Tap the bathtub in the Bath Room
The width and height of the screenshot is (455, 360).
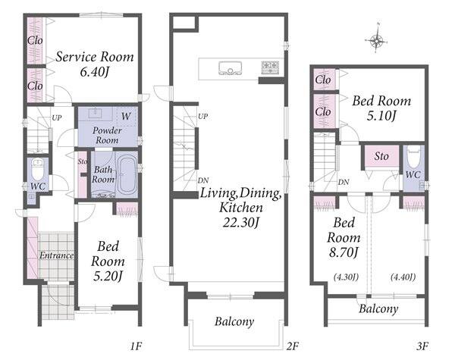(x=127, y=174)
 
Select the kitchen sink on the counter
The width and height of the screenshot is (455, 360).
(x=230, y=68)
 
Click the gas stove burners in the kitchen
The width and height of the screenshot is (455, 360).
(x=270, y=67)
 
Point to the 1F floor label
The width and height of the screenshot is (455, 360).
(x=135, y=346)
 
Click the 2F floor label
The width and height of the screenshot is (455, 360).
(x=292, y=346)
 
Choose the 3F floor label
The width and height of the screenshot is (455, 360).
(x=422, y=346)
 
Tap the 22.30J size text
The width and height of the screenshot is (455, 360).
(x=240, y=223)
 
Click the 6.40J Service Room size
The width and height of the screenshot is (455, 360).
(x=94, y=72)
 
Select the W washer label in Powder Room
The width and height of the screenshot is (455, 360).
(x=126, y=116)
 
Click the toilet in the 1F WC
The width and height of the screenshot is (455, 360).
(x=37, y=170)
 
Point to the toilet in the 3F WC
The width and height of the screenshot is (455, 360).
(x=413, y=157)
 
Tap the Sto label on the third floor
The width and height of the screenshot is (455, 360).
(x=381, y=156)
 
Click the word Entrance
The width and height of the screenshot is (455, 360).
(x=57, y=255)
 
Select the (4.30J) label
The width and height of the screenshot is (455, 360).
(x=346, y=277)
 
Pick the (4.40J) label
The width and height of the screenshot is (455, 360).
(x=403, y=277)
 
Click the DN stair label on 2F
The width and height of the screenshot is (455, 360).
(x=203, y=180)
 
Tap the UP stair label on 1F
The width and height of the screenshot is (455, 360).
(x=57, y=117)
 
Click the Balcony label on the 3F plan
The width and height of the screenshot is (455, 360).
(x=378, y=309)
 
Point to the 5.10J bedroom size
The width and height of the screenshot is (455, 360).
(x=381, y=116)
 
